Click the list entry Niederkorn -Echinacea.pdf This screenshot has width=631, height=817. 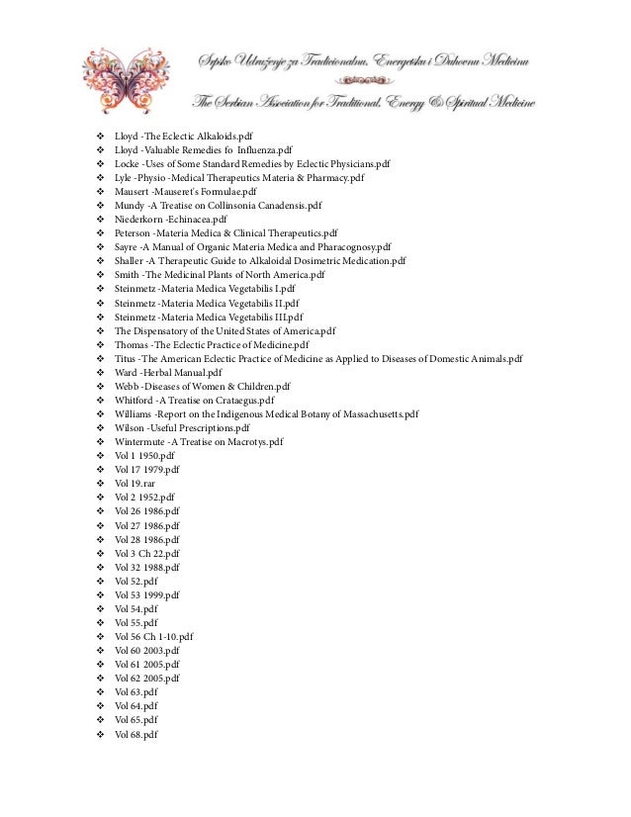tap(171, 220)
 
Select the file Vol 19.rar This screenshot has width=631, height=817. tap(135, 483)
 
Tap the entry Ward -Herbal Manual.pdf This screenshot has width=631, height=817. tap(168, 372)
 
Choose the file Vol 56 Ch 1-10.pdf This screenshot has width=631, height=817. tap(154, 637)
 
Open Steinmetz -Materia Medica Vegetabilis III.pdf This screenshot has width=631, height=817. tap(208, 317)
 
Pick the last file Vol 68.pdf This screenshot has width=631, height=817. tap(135, 734)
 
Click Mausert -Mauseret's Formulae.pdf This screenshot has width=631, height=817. tap(186, 192)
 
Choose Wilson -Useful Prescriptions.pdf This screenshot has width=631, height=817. tap(182, 427)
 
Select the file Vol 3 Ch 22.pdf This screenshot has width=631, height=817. tap(147, 554)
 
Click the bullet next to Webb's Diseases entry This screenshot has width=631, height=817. tap(101, 386)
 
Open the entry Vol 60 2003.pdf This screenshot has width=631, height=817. tap(147, 651)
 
